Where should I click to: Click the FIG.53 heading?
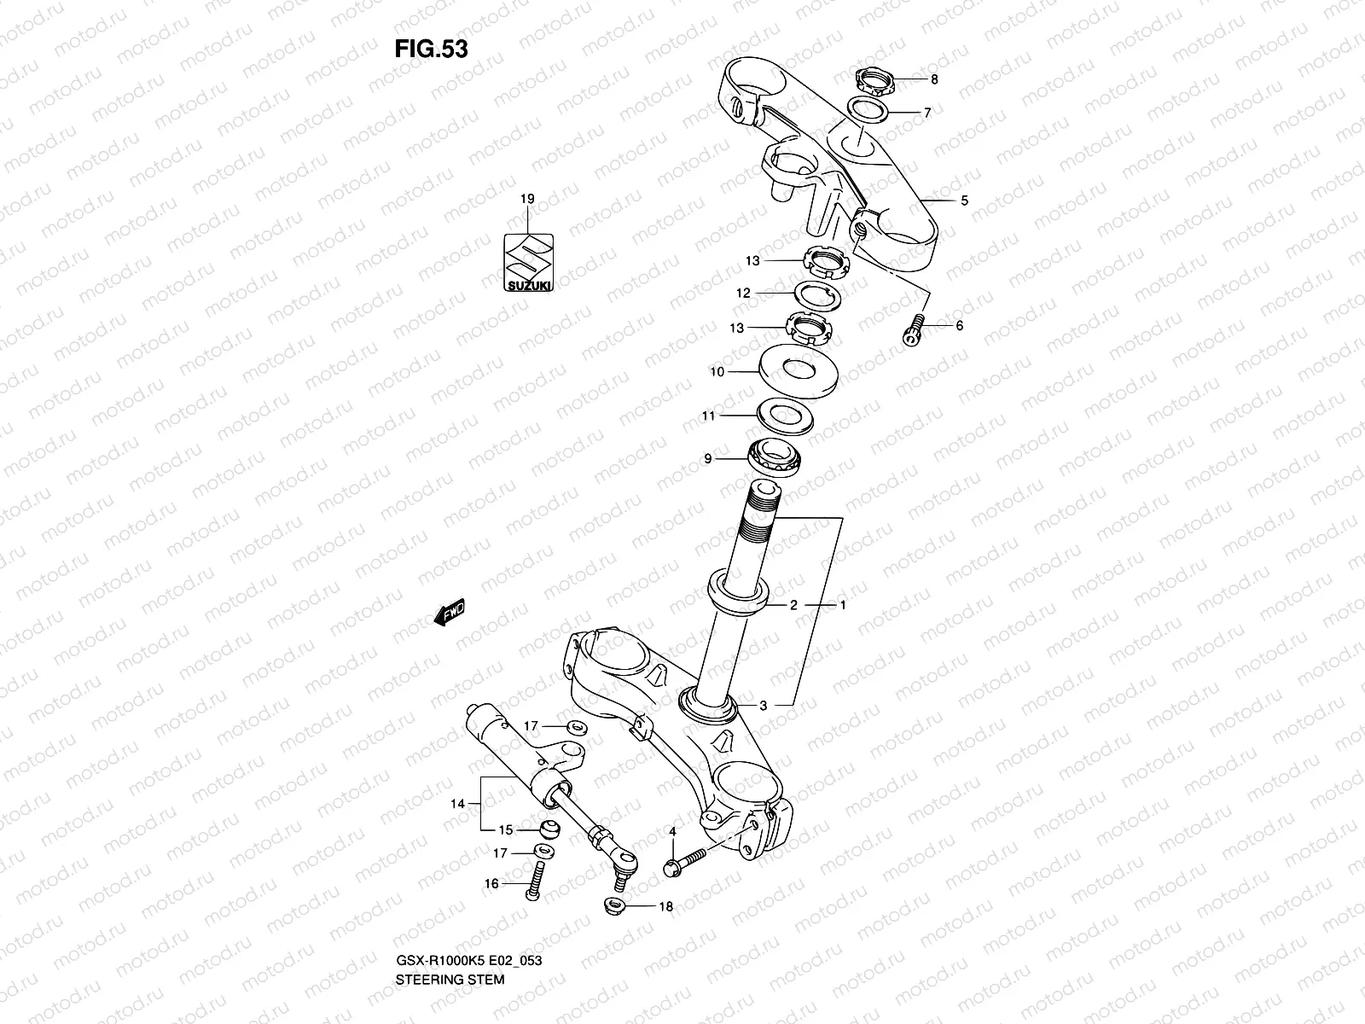pos(431,49)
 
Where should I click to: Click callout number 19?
pos(527,199)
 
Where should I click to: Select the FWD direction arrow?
pos(449,612)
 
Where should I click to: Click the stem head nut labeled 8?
pos(874,82)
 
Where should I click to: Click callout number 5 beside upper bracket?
pos(964,201)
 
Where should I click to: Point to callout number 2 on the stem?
pos(793,605)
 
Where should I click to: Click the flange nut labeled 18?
pos(614,905)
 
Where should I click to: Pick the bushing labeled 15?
pos(551,829)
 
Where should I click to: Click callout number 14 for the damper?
pos(459,803)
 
